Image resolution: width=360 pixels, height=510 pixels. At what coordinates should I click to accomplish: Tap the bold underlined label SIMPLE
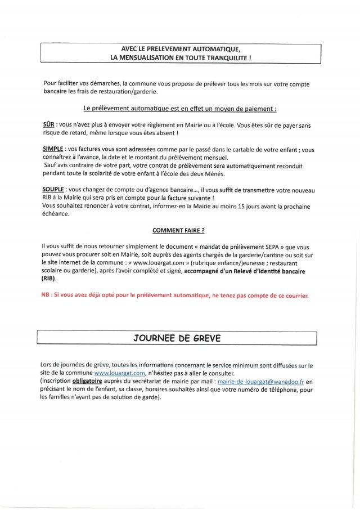(x=54, y=149)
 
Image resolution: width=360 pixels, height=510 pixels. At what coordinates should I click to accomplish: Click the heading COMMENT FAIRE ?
(x=178, y=230)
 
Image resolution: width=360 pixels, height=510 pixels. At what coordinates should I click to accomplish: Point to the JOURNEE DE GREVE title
(x=177, y=338)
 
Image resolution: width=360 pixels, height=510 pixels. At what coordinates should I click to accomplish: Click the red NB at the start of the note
(x=46, y=295)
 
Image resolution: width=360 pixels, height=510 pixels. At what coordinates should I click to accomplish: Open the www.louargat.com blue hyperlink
(x=120, y=373)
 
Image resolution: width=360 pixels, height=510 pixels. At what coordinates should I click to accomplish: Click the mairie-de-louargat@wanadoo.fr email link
(x=261, y=381)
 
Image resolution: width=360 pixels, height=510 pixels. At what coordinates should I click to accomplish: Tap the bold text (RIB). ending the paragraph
(x=49, y=278)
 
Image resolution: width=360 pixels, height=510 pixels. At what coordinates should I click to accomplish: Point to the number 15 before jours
(x=238, y=205)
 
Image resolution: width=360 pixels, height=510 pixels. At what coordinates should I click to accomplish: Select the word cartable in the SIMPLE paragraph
(x=225, y=149)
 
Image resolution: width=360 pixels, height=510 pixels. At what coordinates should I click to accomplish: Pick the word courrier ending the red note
(x=294, y=295)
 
